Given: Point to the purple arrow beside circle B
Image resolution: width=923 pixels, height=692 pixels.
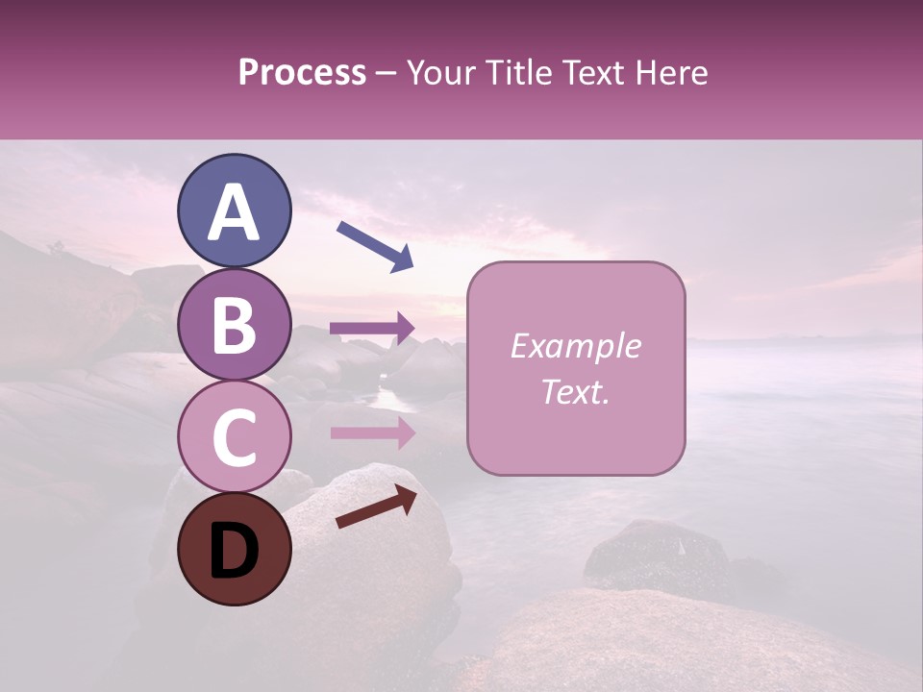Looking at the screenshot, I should [373, 328].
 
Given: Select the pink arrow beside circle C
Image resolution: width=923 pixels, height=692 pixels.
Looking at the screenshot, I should [373, 432].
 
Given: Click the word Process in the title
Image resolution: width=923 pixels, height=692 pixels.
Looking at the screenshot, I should [302, 72].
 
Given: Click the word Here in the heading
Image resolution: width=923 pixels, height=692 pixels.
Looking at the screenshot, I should [671, 72].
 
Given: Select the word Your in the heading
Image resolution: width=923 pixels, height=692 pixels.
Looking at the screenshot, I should [444, 72].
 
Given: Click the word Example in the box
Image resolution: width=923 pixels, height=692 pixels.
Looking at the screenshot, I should [575, 346].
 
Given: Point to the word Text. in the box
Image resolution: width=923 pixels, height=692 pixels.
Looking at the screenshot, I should [575, 391].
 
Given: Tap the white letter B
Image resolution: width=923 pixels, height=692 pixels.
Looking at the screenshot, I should [234, 326].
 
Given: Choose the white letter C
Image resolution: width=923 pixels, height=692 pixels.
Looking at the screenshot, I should [234, 438].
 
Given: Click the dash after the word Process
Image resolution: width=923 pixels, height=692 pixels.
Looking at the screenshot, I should [387, 74].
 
